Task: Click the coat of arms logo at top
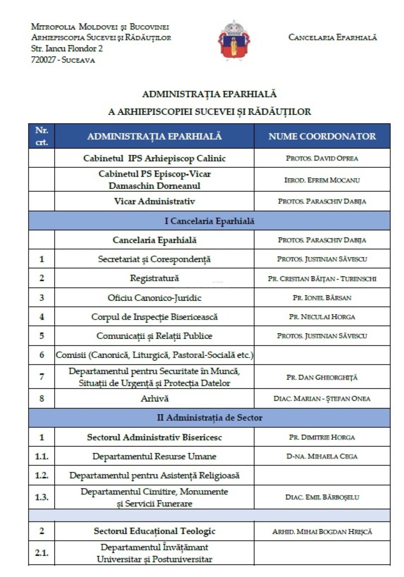[x=234, y=41]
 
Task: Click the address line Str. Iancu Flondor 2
[x=67, y=49]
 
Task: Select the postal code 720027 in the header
[x=43, y=60]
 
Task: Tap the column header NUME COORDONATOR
[x=322, y=136]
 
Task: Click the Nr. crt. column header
[x=41, y=136]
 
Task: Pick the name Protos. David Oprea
[x=322, y=159]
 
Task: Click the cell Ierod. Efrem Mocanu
[x=322, y=180]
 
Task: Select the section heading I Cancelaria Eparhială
[x=209, y=221]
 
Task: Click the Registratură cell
[x=154, y=278]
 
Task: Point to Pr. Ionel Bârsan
[x=322, y=298]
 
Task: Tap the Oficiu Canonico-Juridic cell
[x=154, y=298]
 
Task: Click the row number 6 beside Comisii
[x=41, y=355]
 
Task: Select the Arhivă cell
[x=154, y=399]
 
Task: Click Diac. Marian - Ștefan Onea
[x=322, y=399]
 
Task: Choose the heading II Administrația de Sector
[x=209, y=418]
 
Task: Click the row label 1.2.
[x=41, y=476]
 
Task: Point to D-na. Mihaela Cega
[x=322, y=456]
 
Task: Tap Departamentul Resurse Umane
[x=154, y=456]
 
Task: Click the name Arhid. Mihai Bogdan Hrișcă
[x=322, y=532]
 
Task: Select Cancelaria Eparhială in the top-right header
[x=332, y=37]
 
